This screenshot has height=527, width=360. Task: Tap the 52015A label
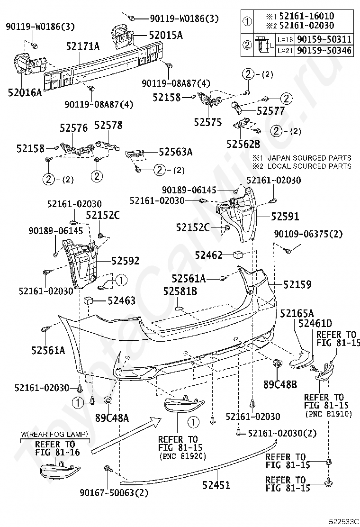click(x=165, y=35)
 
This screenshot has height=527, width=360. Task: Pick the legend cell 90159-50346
click(x=324, y=50)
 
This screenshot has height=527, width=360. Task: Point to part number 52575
click(x=207, y=122)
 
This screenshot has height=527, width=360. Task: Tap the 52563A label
click(x=175, y=152)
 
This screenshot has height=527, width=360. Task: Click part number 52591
click(x=285, y=216)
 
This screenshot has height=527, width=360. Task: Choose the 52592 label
click(x=126, y=261)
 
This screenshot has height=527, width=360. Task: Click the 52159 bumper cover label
click(x=297, y=284)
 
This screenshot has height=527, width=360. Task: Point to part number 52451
click(x=216, y=485)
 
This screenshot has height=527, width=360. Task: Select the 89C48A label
click(x=112, y=418)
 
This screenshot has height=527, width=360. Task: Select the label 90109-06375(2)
click(x=315, y=234)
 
